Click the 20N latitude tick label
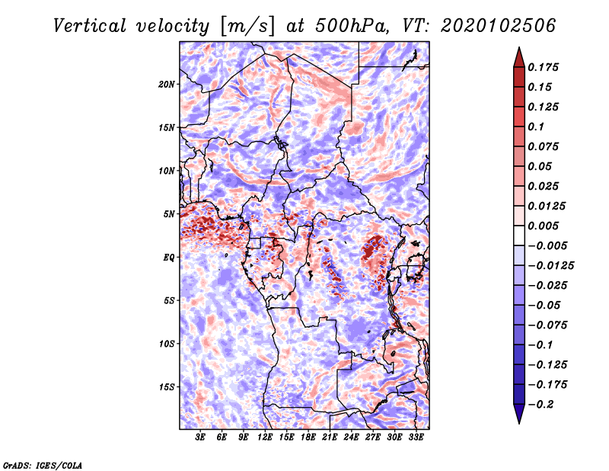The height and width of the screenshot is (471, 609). coord(167,84)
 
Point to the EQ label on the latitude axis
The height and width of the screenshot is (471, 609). coord(169,257)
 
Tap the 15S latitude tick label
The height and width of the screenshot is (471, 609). coord(167,386)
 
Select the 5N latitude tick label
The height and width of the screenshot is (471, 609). coord(169,213)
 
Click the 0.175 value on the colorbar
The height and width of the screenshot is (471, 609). coord(545,67)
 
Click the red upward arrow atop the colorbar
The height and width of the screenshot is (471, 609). coord(518,56)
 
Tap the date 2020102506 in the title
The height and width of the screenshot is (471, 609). coord(488,25)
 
